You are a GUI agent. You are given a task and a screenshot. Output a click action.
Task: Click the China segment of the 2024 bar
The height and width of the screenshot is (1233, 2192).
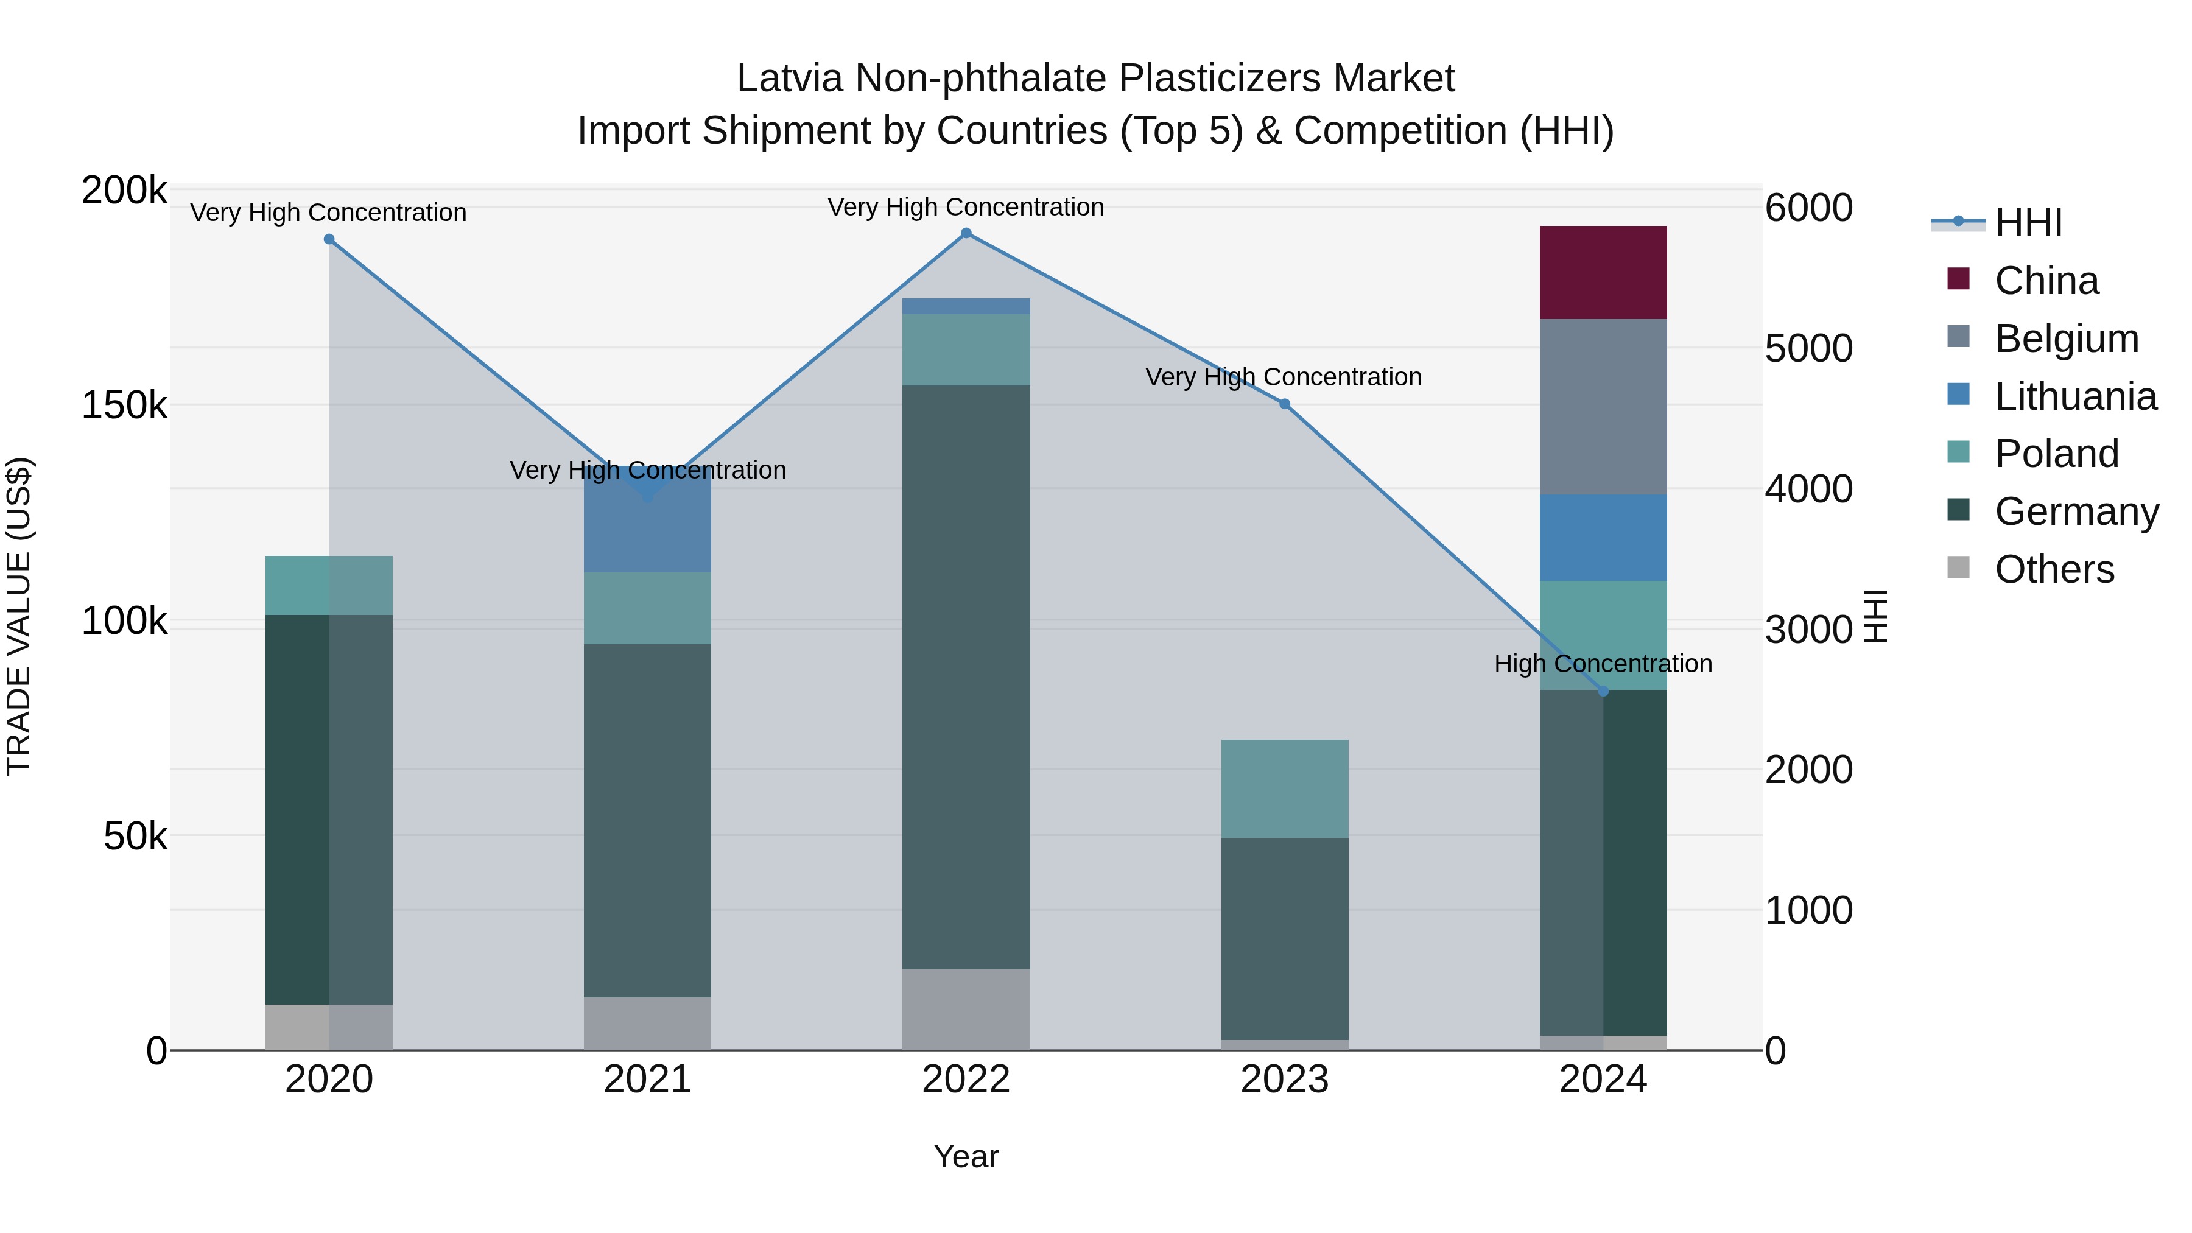click(x=1603, y=272)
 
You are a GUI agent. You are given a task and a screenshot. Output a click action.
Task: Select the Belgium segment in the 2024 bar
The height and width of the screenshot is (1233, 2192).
click(x=1603, y=406)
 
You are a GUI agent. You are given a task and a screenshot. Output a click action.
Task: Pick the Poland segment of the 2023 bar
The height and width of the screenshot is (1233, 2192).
click(x=1284, y=788)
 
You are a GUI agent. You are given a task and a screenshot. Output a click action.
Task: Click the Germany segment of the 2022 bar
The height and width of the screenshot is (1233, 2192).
click(x=966, y=676)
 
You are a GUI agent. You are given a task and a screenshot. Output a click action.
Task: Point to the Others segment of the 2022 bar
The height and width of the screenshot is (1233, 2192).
click(x=966, y=1009)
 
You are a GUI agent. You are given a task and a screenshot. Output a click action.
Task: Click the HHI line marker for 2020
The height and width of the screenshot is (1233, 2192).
click(x=329, y=239)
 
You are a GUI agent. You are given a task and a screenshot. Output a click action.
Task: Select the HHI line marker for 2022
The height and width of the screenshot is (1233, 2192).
click(x=966, y=233)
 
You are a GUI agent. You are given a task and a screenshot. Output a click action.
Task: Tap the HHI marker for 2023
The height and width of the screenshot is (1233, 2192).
click(x=1285, y=404)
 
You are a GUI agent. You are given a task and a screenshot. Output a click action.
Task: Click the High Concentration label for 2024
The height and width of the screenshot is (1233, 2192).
click(x=1603, y=664)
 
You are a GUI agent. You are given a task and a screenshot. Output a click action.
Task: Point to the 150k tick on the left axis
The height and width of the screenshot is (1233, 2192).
click(x=124, y=406)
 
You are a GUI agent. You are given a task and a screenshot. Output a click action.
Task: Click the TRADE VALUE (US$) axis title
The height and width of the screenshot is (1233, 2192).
click(x=19, y=616)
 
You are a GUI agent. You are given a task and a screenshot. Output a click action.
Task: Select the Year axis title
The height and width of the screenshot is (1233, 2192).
click(x=966, y=1156)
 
